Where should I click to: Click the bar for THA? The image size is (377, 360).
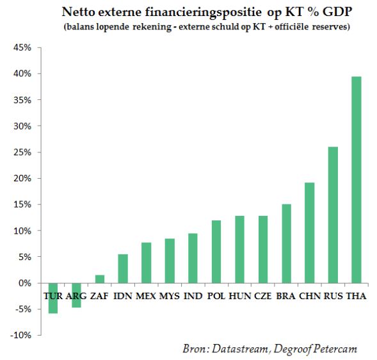click(x=357, y=180)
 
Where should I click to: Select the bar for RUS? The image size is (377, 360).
click(x=333, y=215)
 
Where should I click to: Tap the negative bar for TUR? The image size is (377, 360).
click(x=53, y=298)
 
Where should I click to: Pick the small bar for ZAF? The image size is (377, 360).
click(x=100, y=279)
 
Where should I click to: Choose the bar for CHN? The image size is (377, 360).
click(x=309, y=233)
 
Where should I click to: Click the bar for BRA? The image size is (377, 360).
click(x=286, y=243)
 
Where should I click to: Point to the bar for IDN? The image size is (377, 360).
click(x=123, y=268)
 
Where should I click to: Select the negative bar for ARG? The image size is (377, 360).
click(x=76, y=295)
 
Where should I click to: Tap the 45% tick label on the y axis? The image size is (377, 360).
click(x=22, y=47)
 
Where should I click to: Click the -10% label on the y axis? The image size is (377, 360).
click(x=20, y=335)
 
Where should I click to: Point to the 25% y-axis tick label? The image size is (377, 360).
click(x=22, y=152)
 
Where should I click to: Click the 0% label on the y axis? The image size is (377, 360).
click(x=25, y=283)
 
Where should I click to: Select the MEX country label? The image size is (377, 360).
click(x=146, y=296)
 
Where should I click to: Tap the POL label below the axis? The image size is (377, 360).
click(x=216, y=296)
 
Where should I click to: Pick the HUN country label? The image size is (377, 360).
click(x=240, y=296)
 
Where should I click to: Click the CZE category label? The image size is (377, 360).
click(x=263, y=296)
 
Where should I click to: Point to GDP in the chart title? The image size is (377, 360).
click(x=337, y=12)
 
